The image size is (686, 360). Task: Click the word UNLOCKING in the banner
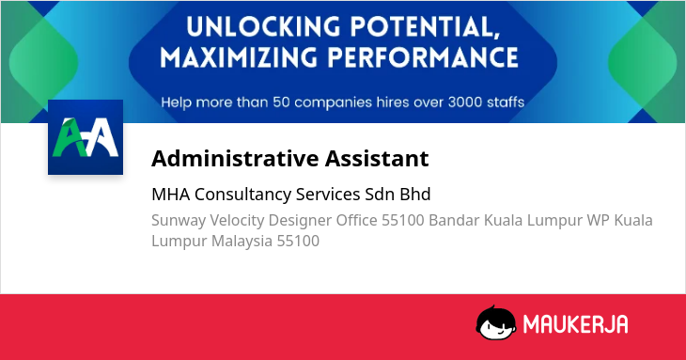click(x=263, y=26)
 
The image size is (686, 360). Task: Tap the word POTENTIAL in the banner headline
click(x=426, y=27)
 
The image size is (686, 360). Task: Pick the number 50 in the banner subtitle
click(x=281, y=102)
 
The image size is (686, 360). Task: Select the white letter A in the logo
click(x=101, y=137)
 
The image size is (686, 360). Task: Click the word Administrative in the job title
click(x=235, y=158)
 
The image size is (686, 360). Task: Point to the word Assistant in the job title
click(x=377, y=158)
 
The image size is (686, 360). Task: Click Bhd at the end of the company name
click(x=415, y=195)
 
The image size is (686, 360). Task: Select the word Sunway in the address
click(x=179, y=221)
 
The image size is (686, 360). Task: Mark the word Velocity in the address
click(x=237, y=221)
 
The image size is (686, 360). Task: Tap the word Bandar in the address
click(x=454, y=220)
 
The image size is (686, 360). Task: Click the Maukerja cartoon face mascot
click(x=495, y=323)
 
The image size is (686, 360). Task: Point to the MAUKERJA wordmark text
click(x=575, y=324)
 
